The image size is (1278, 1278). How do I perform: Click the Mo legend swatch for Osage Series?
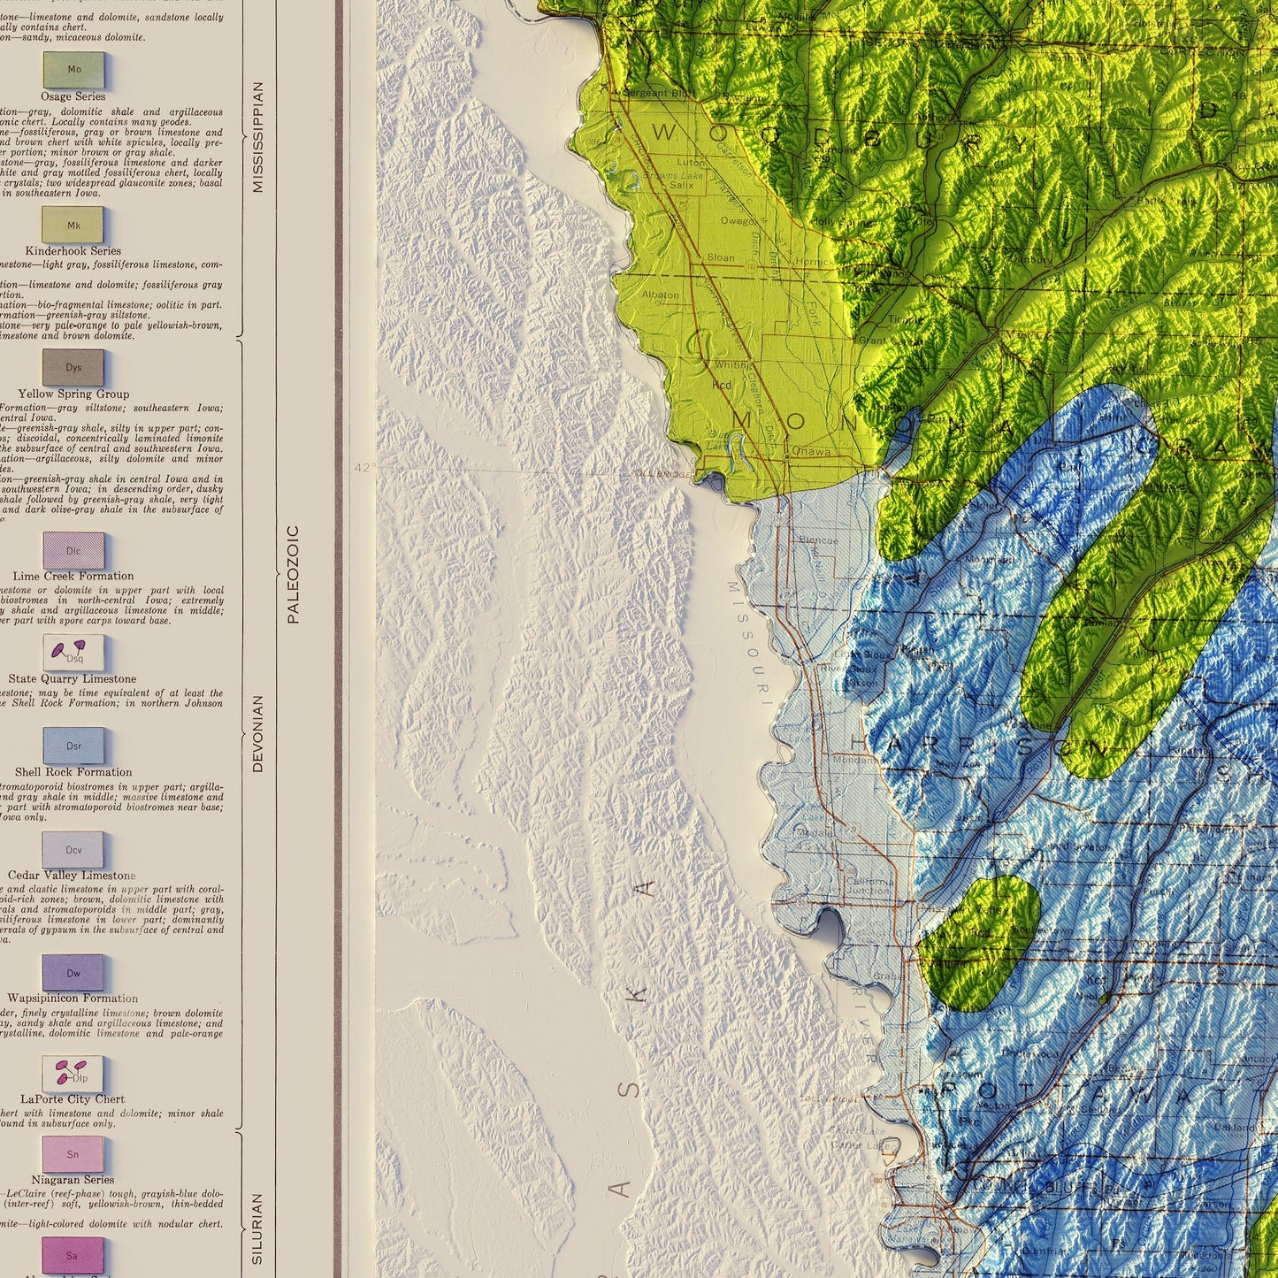(x=73, y=70)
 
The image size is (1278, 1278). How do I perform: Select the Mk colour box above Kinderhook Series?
(x=73, y=226)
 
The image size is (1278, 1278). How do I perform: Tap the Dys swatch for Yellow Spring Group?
(x=73, y=368)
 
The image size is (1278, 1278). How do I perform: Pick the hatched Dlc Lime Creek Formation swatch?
(x=73, y=551)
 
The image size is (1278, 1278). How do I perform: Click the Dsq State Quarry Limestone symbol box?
(x=73, y=654)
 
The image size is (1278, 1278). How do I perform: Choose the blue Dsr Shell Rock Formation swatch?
(x=73, y=746)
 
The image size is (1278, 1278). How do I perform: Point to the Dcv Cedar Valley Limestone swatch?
(x=73, y=850)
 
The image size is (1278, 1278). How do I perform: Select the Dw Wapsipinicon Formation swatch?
(x=73, y=973)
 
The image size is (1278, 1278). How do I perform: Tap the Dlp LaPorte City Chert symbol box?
(x=73, y=1074)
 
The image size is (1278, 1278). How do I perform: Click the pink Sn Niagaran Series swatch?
(x=73, y=1154)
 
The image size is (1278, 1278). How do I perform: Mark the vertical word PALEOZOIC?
(x=294, y=575)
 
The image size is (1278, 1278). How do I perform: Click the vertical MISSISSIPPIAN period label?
(x=258, y=137)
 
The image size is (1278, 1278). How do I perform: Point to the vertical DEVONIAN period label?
(x=258, y=733)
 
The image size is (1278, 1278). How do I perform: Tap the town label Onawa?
(x=810, y=451)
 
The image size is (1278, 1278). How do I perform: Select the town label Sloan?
(x=721, y=257)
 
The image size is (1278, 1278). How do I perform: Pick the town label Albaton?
(x=660, y=295)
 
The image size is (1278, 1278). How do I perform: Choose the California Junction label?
(x=870, y=886)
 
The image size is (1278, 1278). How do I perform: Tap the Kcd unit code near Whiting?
(x=722, y=385)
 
